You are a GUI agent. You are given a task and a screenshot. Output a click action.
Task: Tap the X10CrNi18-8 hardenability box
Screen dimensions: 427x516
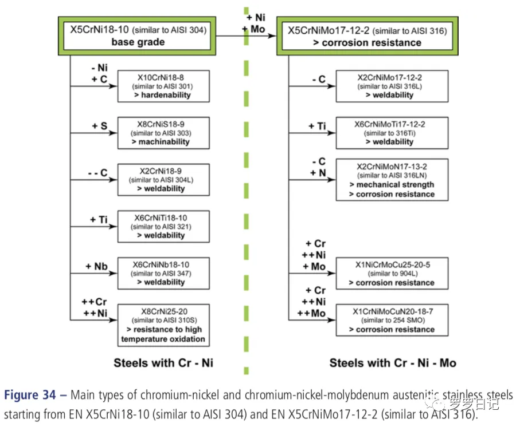tap(162, 86)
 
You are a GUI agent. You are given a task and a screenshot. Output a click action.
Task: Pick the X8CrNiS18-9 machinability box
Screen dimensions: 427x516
tap(162, 133)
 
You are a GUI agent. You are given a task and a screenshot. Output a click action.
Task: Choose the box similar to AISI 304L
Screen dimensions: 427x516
tap(162, 180)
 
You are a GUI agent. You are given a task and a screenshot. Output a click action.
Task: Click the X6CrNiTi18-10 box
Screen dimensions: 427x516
tap(162, 227)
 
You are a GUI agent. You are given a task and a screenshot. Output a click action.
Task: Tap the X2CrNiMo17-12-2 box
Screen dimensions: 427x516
tap(392, 86)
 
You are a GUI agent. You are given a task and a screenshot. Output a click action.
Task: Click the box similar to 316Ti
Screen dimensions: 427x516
tap(392, 133)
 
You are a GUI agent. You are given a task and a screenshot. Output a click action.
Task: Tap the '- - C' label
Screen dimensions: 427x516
tap(96, 173)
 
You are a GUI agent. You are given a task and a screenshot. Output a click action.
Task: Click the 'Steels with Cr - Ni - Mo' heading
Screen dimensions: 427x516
tap(393, 363)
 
